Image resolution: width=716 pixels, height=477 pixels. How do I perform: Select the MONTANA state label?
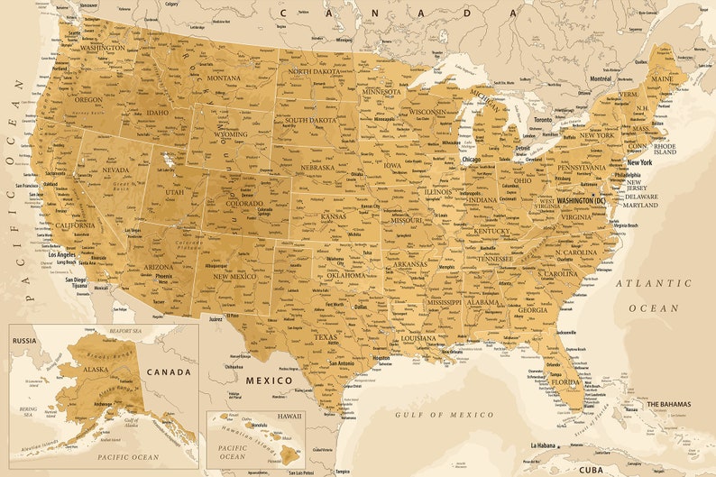click(223, 78)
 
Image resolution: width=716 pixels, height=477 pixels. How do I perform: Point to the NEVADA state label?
click(114, 170)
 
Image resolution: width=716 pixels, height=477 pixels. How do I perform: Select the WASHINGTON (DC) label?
click(586, 201)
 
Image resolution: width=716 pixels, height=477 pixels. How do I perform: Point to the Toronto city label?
click(542, 120)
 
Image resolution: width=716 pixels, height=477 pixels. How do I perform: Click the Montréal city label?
click(601, 78)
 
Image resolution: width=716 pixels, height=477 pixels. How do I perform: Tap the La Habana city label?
click(543, 445)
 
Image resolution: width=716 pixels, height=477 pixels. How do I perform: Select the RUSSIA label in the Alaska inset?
click(25, 341)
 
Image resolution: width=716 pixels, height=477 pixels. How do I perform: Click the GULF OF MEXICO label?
click(445, 414)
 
